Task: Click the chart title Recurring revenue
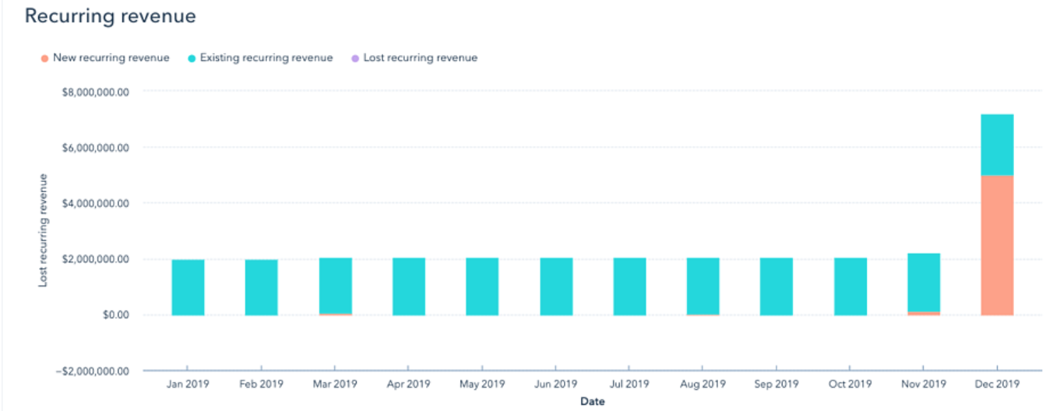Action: click(110, 16)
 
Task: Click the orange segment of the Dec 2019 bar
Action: click(997, 245)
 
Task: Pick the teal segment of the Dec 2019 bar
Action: click(997, 145)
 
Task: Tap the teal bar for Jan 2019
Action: click(188, 287)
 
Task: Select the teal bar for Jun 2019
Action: click(556, 286)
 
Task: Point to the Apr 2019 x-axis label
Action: click(408, 384)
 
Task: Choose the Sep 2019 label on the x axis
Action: click(776, 384)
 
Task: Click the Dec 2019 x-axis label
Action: click(997, 384)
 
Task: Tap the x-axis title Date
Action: click(592, 402)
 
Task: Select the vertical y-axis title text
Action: click(44, 230)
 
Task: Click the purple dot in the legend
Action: click(354, 58)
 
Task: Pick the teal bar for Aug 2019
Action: click(703, 286)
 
